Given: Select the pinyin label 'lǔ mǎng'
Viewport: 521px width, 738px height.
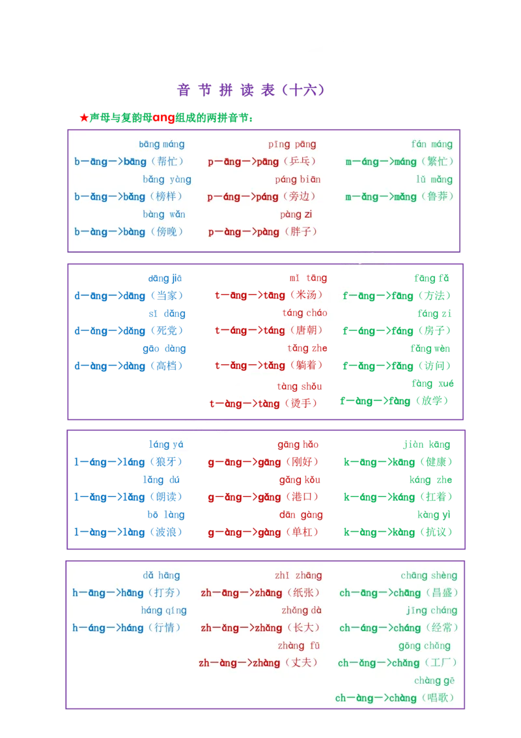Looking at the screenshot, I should click(434, 179).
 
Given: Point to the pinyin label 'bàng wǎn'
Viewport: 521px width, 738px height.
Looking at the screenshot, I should click(164, 214).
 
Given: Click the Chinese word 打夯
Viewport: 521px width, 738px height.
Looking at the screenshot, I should click(163, 593).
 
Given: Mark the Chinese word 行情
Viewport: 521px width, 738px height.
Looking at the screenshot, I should click(163, 628).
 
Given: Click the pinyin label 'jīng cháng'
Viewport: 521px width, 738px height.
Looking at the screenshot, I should click(432, 611).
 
